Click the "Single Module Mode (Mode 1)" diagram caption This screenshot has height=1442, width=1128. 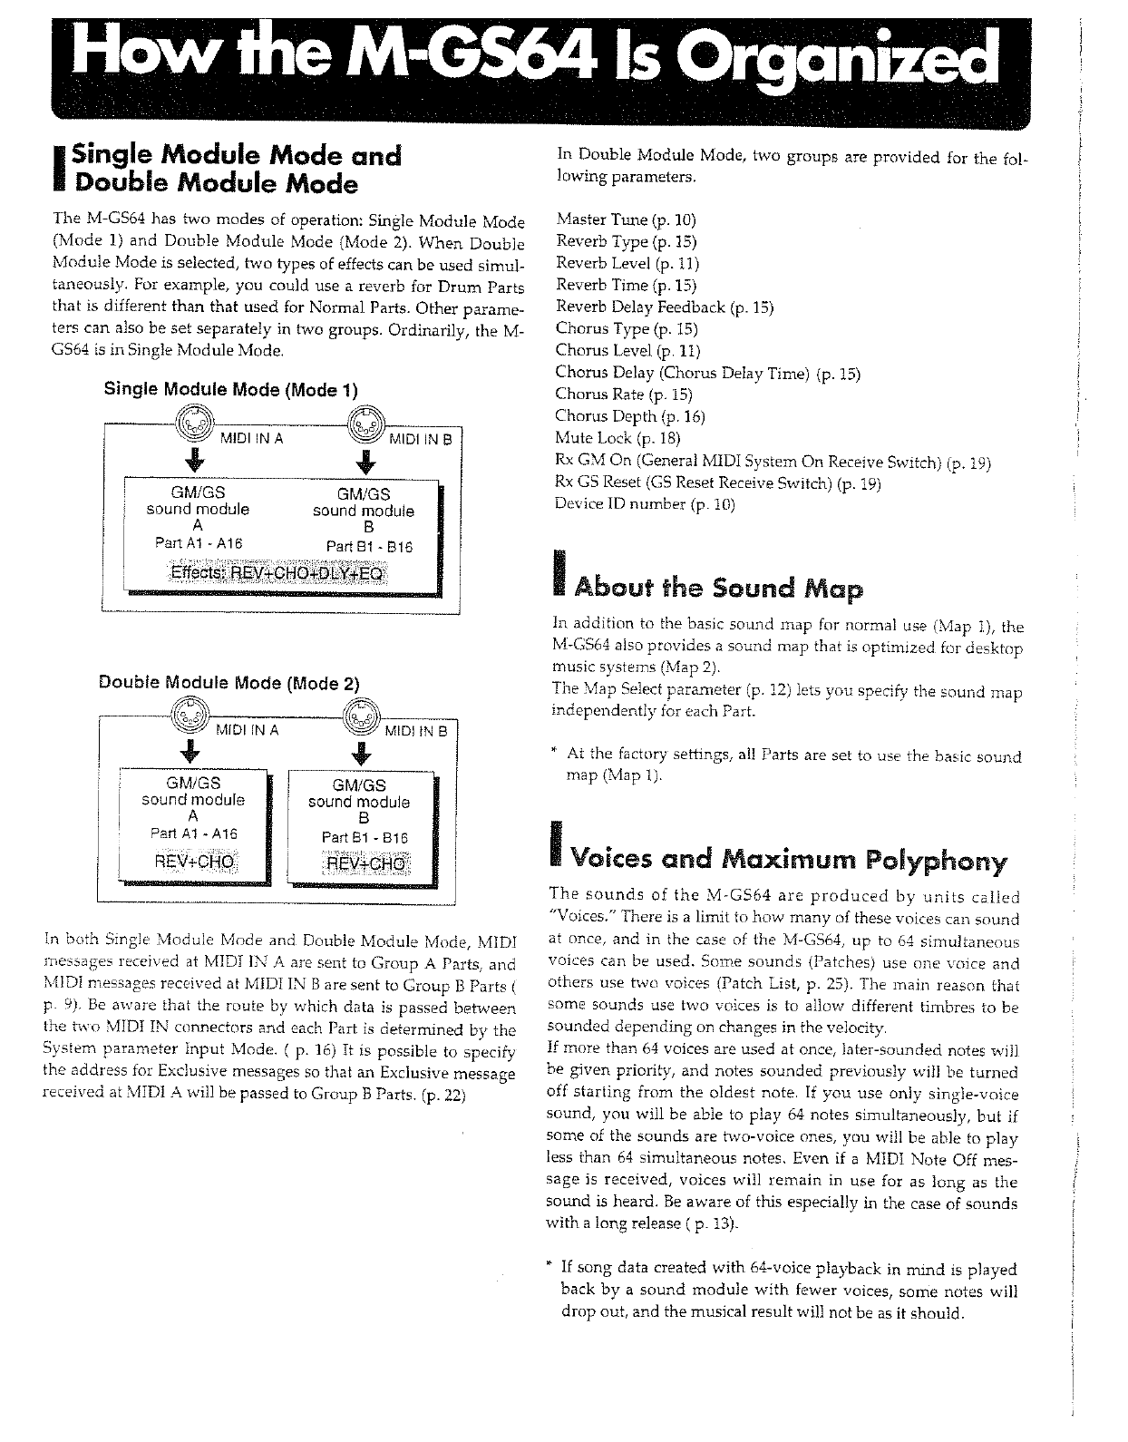click(x=231, y=390)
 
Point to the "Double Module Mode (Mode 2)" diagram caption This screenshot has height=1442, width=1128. click(x=229, y=683)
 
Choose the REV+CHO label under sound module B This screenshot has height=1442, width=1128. click(x=366, y=862)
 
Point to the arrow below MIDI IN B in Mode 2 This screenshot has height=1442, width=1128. click(x=362, y=753)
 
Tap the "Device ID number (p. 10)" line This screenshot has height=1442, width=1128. click(x=644, y=503)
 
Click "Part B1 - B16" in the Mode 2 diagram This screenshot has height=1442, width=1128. click(x=365, y=837)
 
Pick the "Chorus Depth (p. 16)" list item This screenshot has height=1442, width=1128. click(x=629, y=416)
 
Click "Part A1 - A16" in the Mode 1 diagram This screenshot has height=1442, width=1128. click(x=199, y=543)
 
